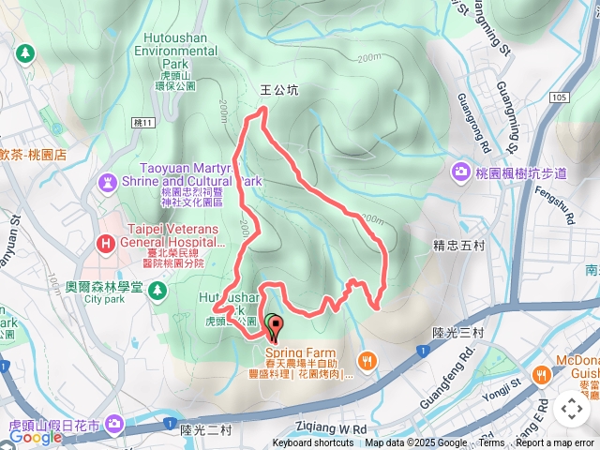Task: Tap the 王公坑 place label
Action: (278, 91)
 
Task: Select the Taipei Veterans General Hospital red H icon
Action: (104, 245)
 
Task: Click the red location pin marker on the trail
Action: (274, 328)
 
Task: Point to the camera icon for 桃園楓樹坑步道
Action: (460, 172)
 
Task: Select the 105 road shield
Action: (561, 97)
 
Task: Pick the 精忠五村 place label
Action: (457, 247)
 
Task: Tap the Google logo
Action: (36, 436)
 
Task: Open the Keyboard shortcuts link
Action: (313, 443)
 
